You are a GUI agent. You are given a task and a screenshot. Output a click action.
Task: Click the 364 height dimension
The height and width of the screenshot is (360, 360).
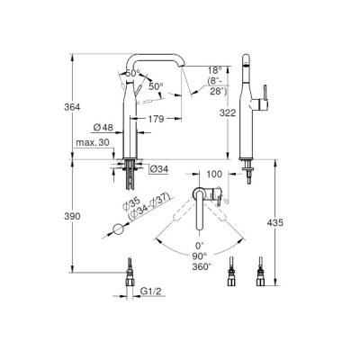72,107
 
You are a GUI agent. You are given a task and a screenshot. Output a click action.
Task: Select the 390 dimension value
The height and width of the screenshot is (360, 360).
72,216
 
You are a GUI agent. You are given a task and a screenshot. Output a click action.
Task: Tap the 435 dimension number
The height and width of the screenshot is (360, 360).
274,222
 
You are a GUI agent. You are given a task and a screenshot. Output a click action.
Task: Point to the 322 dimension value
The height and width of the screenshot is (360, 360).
228,112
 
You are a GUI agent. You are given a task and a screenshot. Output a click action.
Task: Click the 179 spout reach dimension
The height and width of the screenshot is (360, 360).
157,119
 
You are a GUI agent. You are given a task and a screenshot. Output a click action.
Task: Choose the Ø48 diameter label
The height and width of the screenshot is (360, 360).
103,128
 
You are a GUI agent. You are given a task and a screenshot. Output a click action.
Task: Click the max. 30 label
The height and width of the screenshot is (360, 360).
93,142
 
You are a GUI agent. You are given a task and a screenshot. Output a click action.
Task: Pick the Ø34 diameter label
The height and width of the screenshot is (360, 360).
159,169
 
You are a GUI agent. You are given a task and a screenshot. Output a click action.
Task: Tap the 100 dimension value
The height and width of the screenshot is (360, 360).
214,174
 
